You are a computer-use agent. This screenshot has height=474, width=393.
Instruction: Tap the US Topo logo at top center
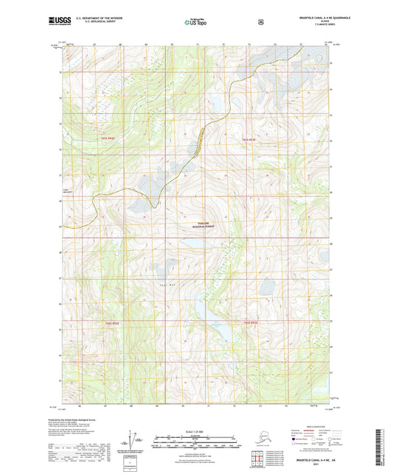click(196, 22)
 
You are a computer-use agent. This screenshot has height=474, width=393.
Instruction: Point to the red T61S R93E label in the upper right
click(248, 139)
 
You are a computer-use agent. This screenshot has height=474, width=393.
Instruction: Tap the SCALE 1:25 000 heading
click(197, 430)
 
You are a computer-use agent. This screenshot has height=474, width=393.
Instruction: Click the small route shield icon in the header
click(260, 22)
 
